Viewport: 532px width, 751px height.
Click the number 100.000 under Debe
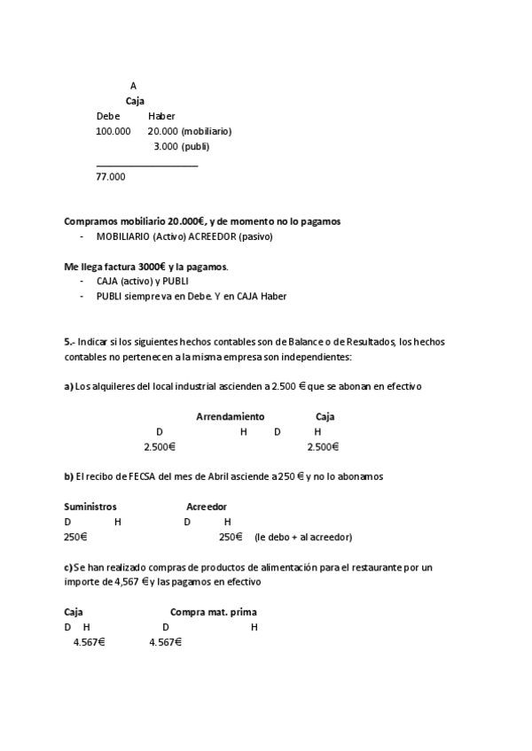[113, 131]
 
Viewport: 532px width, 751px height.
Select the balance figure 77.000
[110, 176]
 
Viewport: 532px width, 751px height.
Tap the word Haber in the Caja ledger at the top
[161, 116]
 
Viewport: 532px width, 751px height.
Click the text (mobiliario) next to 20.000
[206, 131]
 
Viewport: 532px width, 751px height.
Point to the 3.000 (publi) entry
[181, 146]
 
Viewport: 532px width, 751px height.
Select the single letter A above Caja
[133, 86]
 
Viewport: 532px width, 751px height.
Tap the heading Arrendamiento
[230, 416]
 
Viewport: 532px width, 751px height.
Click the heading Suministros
[90, 507]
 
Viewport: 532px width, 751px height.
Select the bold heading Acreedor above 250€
[207, 507]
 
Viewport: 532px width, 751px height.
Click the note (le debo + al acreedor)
[303, 537]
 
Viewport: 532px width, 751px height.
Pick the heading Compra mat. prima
[214, 612]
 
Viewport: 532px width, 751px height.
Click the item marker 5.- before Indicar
[70, 341]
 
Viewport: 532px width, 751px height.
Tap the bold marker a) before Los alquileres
[68, 386]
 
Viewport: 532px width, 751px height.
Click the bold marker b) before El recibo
[68, 476]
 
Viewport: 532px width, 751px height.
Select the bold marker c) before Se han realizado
[68, 567]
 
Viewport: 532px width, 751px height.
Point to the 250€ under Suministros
[75, 537]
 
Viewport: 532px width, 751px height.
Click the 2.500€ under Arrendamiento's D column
[160, 446]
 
